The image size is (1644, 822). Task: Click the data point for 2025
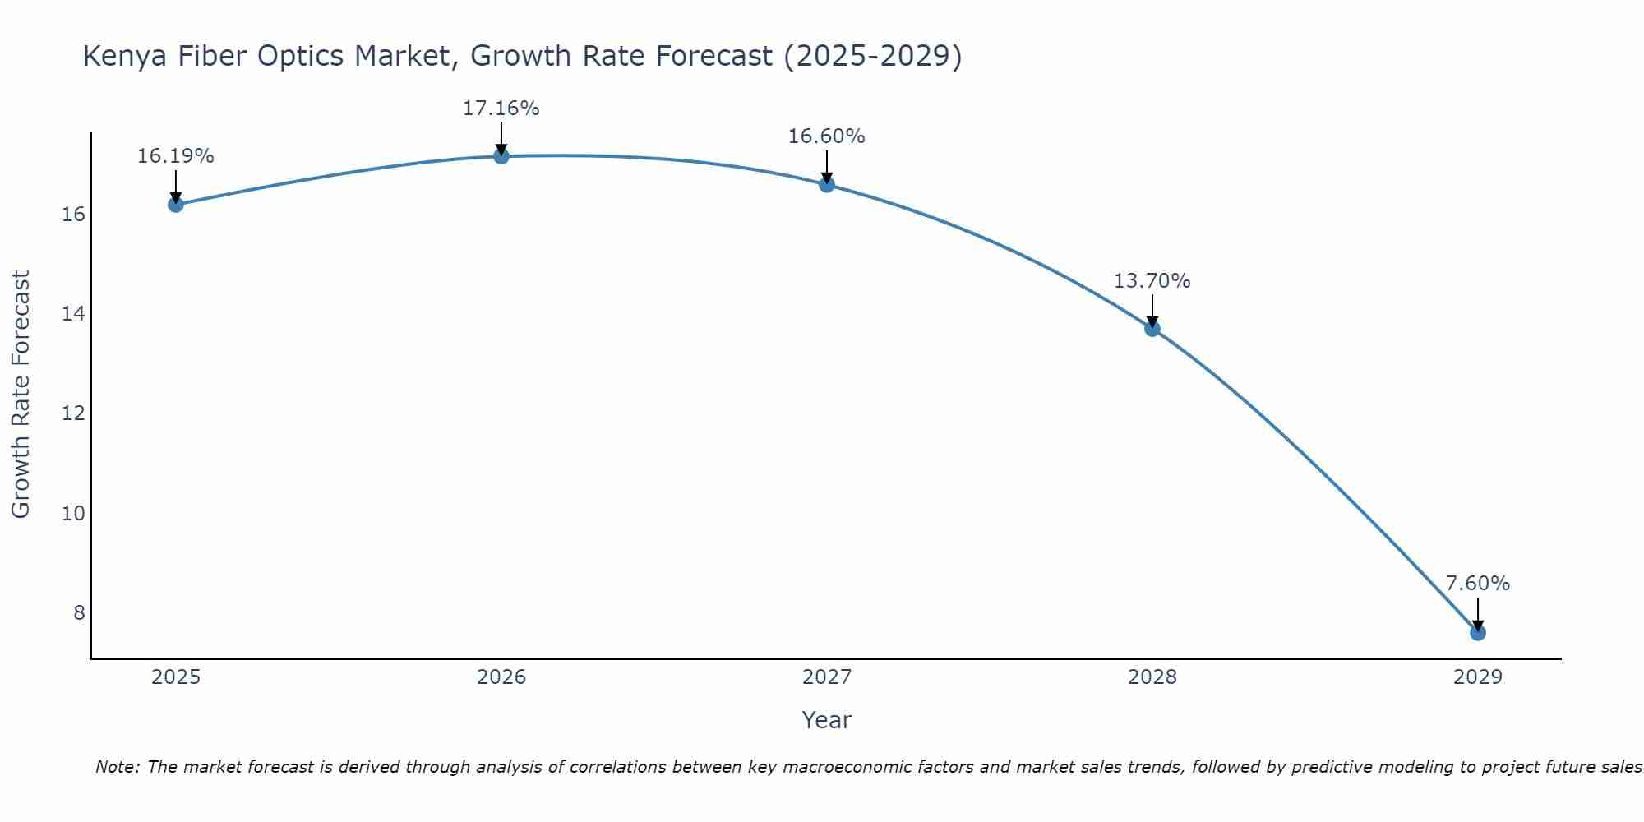coord(175,204)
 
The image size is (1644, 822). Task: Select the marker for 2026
coord(501,156)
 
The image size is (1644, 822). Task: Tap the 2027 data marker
coord(827,184)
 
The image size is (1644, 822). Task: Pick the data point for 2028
coord(1152,328)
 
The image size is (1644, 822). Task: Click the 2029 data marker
coord(1478,632)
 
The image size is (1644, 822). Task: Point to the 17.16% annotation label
coord(501,109)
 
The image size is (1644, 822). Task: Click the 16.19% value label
coord(175,156)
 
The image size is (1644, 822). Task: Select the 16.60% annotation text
coord(826,136)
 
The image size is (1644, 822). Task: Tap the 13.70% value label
coord(1152,281)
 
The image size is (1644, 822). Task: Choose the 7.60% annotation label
coord(1477,584)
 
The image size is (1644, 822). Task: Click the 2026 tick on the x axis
coord(501,677)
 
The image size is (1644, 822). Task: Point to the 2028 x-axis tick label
coord(1152,677)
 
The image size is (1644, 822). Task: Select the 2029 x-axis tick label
coord(1478,677)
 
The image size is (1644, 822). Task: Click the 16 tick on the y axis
coord(73,215)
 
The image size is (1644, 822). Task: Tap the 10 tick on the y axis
coord(73,514)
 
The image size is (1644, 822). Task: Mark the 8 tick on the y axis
coord(79,613)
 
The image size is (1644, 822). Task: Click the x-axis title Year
coord(826,720)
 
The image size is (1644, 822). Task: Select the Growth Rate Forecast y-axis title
coord(21,394)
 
